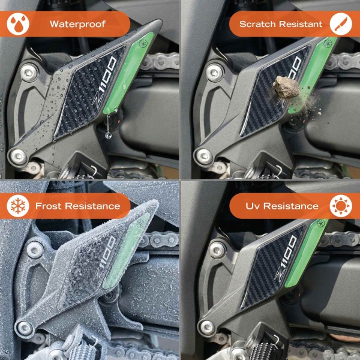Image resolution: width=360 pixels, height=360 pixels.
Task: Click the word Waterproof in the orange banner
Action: click(78, 25)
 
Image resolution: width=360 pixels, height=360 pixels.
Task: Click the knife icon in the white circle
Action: click(341, 25)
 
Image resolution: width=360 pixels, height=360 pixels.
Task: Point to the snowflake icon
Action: click(18, 206)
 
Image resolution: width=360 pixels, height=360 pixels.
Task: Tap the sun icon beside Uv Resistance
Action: click(341, 206)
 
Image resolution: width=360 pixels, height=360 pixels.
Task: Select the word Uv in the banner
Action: click(253, 206)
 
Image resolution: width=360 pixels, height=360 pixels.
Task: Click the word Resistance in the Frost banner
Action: click(92, 206)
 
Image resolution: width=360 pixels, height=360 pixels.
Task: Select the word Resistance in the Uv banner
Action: click(292, 206)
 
